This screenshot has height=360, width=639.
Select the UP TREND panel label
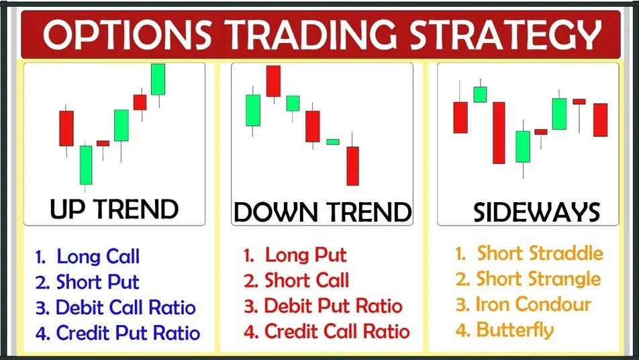pyautogui.click(x=114, y=210)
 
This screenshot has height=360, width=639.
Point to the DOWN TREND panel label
pyautogui.click(x=322, y=212)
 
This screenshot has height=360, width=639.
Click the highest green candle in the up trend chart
pyautogui.click(x=158, y=79)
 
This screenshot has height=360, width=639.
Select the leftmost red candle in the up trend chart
pyautogui.click(x=66, y=128)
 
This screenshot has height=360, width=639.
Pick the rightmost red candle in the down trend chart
pyautogui.click(x=352, y=165)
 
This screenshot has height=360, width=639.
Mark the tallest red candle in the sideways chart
pyautogui.click(x=498, y=132)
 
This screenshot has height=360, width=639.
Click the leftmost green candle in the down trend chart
pyautogui.click(x=252, y=110)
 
